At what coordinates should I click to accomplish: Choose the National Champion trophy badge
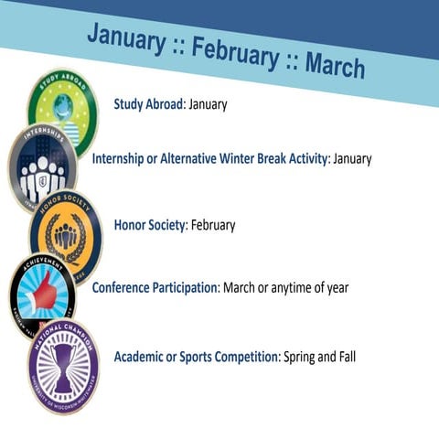63,364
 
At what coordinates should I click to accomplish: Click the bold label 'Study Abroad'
148,104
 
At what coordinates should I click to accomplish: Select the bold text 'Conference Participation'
155,288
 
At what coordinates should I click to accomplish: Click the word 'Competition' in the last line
241,356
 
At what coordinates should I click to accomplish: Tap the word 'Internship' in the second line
123,158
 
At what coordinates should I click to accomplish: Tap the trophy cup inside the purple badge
63,363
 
